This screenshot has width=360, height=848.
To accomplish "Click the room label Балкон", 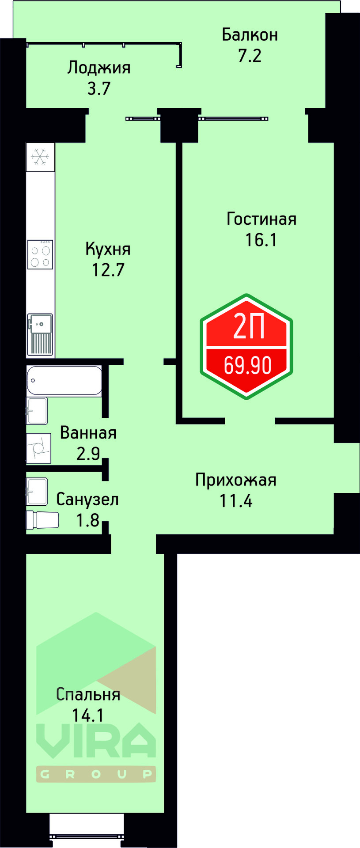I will [x=250, y=34].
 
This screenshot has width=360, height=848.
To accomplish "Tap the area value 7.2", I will [x=250, y=56].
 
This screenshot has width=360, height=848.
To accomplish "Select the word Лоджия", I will [x=99, y=68].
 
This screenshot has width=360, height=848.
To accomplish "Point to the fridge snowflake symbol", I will [x=40, y=157].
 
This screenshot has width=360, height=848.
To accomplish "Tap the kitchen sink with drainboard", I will [x=40, y=334].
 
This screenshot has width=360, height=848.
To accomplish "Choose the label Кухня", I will [x=108, y=249].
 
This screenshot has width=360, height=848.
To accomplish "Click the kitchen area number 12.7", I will [x=108, y=269].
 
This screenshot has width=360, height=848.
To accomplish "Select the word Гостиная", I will [x=261, y=219].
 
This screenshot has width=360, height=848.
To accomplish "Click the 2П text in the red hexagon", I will [x=248, y=328].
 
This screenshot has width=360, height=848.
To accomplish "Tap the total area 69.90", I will [x=247, y=365].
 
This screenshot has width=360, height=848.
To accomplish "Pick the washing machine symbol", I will [x=39, y=448].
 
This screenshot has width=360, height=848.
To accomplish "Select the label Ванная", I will [x=88, y=433].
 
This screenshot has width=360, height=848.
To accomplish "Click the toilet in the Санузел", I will [x=42, y=520].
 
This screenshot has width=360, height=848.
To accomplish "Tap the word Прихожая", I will [x=235, y=480].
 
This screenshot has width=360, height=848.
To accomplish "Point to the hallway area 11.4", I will [x=235, y=501].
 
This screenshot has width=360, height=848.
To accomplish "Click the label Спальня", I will [x=88, y=694].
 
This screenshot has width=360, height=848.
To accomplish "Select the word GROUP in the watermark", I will [x=96, y=774].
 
